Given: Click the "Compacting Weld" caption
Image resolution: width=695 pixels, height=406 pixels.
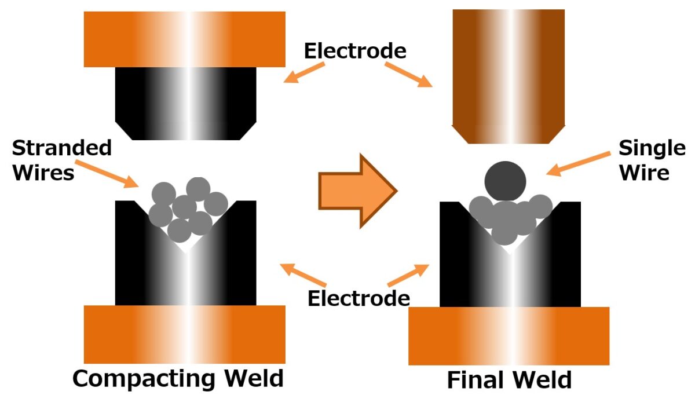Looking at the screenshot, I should click(x=178, y=378).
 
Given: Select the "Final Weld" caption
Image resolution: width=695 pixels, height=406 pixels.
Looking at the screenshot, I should click(x=509, y=381).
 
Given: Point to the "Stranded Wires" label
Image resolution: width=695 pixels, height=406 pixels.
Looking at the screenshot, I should click(x=61, y=160).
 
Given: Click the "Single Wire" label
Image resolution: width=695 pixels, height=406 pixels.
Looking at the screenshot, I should click(x=651, y=160).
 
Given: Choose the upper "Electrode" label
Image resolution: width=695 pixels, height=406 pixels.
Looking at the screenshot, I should click(x=355, y=51).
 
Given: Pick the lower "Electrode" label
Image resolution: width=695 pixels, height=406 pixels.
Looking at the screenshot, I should click(x=359, y=298).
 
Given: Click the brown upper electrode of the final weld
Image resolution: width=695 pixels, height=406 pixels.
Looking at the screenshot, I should click(x=508, y=75).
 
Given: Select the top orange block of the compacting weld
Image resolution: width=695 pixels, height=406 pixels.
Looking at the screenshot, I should click(x=185, y=39).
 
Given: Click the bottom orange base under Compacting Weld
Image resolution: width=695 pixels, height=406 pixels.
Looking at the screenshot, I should click(x=185, y=334).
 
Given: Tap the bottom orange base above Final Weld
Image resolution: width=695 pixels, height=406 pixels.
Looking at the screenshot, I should click(x=509, y=336).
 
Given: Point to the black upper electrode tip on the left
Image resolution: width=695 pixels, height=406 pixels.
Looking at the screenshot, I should click(x=185, y=103).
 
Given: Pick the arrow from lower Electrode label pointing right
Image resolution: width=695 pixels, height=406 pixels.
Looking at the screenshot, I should click(x=409, y=275).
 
